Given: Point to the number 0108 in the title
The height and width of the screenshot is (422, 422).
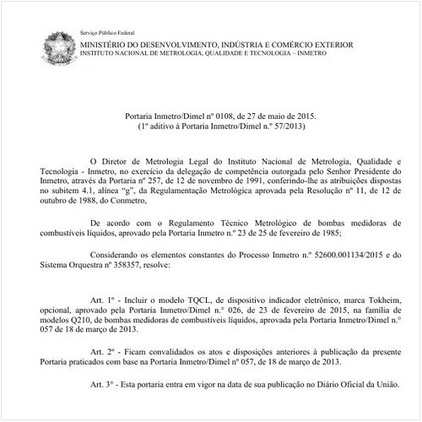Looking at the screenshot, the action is pyautogui.click(x=211, y=115).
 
